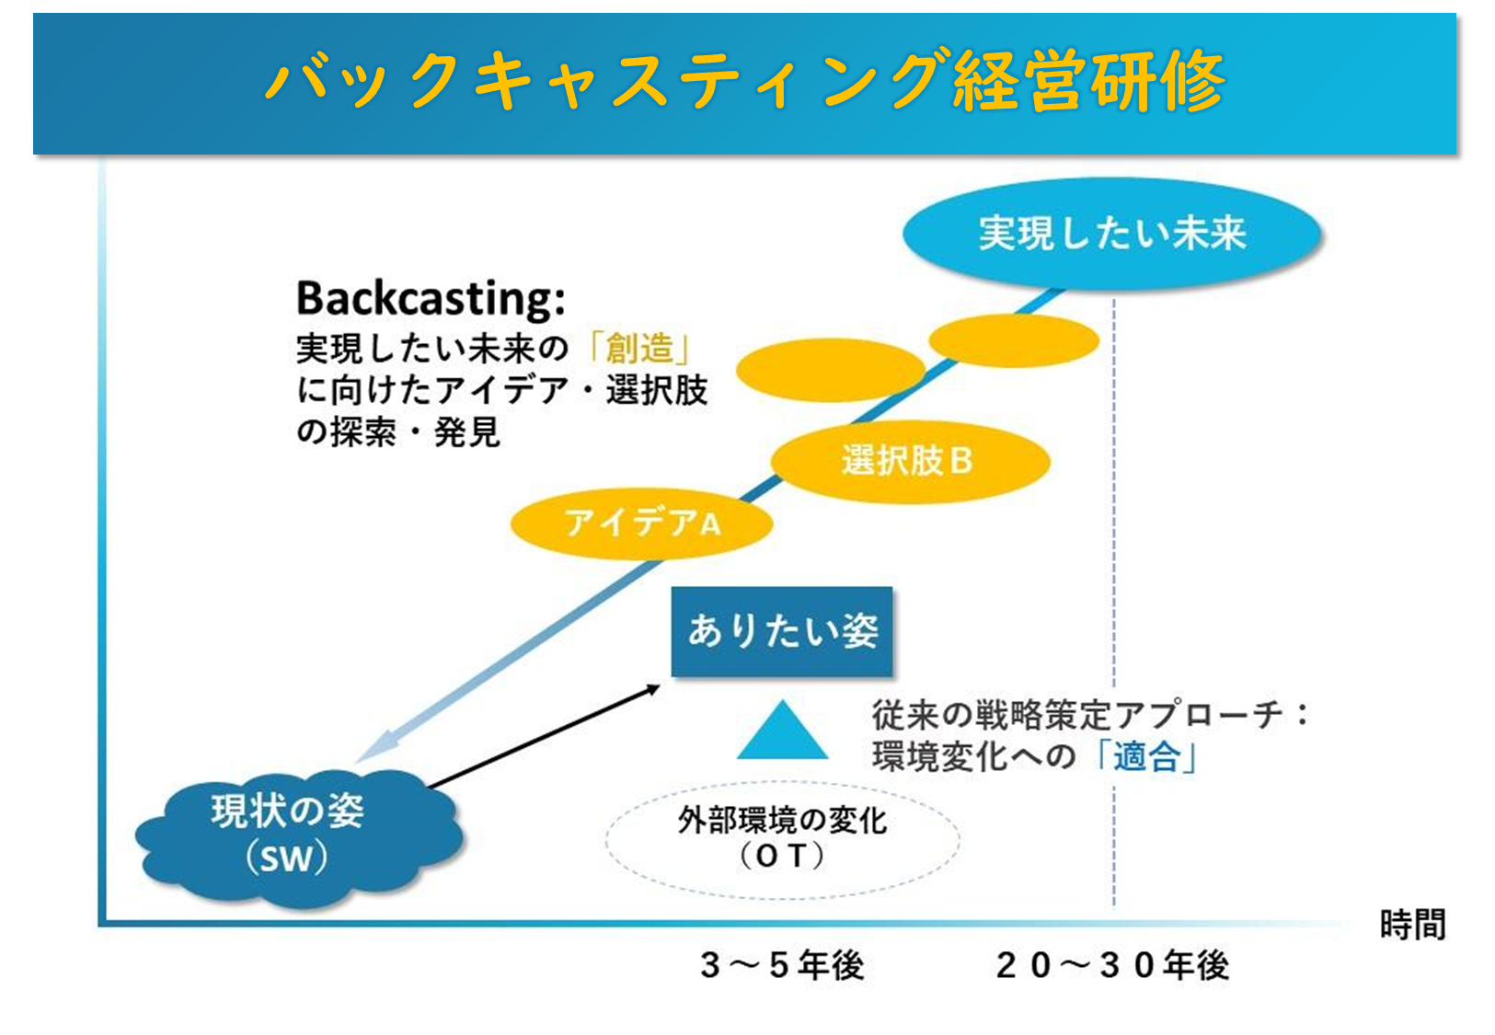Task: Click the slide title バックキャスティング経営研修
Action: [745, 80]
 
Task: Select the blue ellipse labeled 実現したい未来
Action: [1112, 234]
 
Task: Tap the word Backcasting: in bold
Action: [431, 298]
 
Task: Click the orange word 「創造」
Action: [638, 349]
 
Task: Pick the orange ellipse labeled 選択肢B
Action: [911, 461]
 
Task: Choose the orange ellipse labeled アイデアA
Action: [641, 523]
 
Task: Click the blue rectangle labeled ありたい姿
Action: [781, 631]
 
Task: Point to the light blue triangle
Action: [782, 730]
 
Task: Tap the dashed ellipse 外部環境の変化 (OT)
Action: [782, 839]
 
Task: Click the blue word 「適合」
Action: [1146, 757]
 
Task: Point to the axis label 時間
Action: [1413, 925]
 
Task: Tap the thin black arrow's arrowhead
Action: [653, 689]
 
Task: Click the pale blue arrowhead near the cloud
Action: [374, 747]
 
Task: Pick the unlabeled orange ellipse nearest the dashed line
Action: [1014, 340]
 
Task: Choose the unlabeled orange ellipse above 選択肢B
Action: [830, 370]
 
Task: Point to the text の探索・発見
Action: [398, 432]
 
